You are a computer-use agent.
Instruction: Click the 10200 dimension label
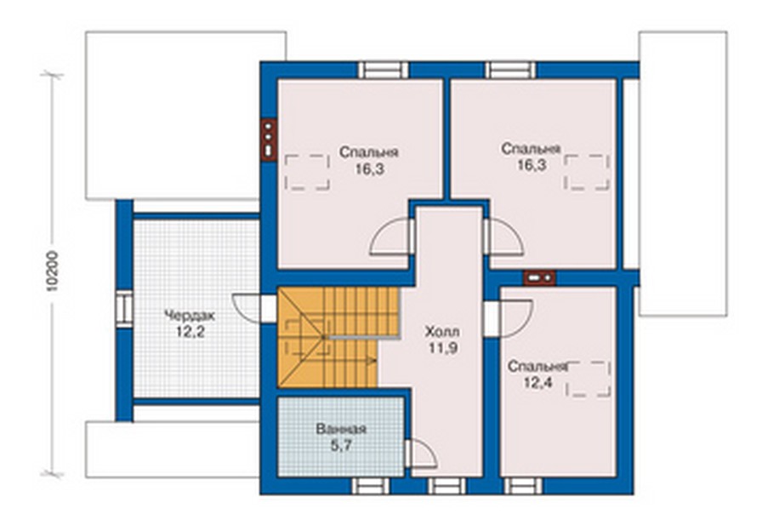click(x=53, y=271)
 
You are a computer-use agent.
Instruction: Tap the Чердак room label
click(x=189, y=315)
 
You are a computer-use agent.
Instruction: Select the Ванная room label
click(x=341, y=430)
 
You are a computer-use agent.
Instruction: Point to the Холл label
click(x=442, y=332)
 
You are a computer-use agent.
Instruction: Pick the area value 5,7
click(x=341, y=446)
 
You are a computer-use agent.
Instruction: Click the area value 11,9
click(x=443, y=348)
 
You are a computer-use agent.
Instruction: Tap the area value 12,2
click(x=190, y=332)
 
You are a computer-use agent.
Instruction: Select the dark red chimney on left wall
click(x=268, y=140)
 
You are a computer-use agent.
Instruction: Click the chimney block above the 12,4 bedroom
click(x=539, y=277)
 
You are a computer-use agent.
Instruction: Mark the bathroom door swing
click(x=421, y=454)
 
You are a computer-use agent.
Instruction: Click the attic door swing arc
click(x=247, y=308)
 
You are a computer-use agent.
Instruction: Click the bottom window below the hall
click(x=446, y=486)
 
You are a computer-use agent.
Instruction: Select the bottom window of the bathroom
click(x=370, y=486)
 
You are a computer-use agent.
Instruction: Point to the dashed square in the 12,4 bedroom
click(x=589, y=379)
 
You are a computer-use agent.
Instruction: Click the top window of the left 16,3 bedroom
click(x=384, y=70)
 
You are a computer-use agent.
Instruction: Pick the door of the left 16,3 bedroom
click(x=391, y=237)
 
